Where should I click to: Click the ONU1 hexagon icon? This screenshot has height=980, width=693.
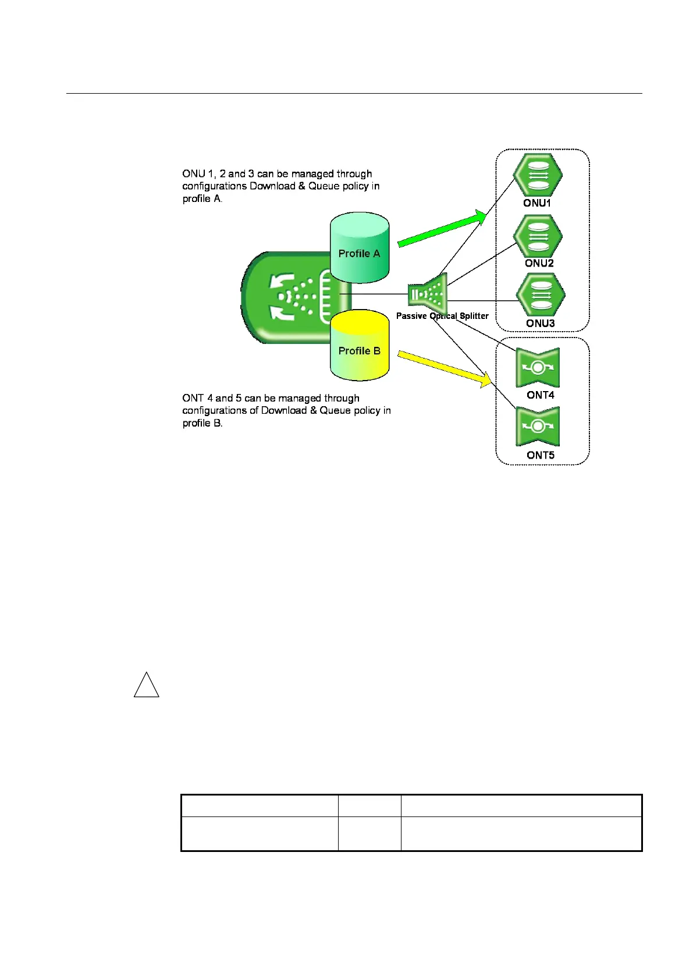tap(538, 175)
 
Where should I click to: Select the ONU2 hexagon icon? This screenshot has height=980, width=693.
tap(538, 236)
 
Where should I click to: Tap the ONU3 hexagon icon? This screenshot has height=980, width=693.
tap(541, 296)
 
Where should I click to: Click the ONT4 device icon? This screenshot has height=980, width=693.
tap(538, 367)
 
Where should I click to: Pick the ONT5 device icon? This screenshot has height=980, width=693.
tap(538, 427)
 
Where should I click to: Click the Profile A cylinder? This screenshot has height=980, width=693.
tap(359, 248)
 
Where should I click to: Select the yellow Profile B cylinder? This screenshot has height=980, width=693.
tap(359, 346)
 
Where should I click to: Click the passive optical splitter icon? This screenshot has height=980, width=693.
tap(428, 294)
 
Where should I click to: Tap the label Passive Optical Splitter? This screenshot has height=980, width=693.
tap(442, 316)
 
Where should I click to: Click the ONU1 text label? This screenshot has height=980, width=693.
tap(537, 203)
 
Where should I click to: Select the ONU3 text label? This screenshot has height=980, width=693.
tap(541, 323)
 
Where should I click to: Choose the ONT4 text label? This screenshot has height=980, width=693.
tap(541, 395)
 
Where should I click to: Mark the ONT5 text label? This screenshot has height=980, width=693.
tap(541, 455)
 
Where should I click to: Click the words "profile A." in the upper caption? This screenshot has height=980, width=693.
tap(202, 198)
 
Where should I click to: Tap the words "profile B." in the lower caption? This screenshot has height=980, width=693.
tap(202, 423)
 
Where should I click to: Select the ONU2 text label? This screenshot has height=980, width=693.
tap(539, 263)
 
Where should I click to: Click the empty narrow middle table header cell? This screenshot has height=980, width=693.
tap(369, 805)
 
